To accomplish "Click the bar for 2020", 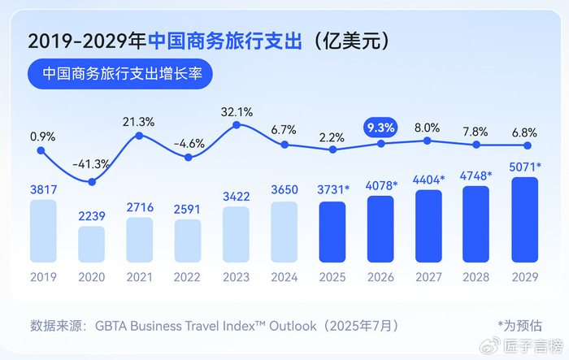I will click(x=92, y=244).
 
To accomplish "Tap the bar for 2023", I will click(x=236, y=234).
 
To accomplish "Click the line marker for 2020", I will click(x=92, y=182).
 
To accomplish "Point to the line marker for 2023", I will click(x=236, y=125).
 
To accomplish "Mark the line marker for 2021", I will click(x=140, y=135).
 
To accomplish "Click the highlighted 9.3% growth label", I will click(x=380, y=127).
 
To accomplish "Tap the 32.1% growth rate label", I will click(x=237, y=111).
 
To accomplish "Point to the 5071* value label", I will click(x=526, y=167).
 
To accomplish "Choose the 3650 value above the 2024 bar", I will click(x=284, y=189).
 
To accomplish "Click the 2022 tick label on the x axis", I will click(x=188, y=277).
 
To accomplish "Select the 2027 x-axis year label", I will click(x=428, y=277).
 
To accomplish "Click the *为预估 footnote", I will click(x=519, y=326).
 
